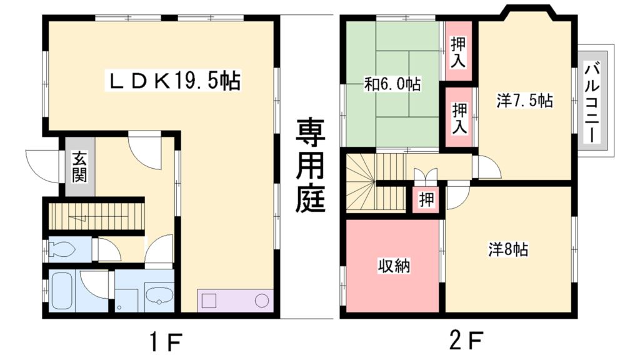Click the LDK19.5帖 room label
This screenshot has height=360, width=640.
pyautogui.click(x=176, y=81)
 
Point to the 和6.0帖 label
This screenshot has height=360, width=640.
pyautogui.click(x=392, y=84)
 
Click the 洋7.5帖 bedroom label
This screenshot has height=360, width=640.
pyautogui.click(x=525, y=100)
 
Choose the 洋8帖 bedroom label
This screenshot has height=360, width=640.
pyautogui.click(x=508, y=249)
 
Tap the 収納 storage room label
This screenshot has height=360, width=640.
pyautogui.click(x=393, y=266)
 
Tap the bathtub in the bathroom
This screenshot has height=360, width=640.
pyautogui.click(x=62, y=291)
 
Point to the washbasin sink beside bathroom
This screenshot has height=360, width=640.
pyautogui.click(x=158, y=294)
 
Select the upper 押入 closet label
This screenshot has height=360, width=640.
pyautogui.click(x=458, y=52)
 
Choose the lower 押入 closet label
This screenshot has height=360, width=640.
pyautogui.click(x=459, y=118)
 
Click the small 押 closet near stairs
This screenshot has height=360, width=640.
pyautogui.click(x=426, y=200)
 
